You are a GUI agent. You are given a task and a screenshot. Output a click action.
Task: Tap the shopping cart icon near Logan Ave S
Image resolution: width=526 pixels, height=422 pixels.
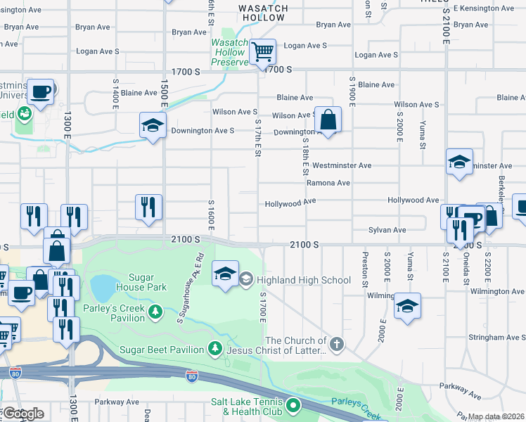262,51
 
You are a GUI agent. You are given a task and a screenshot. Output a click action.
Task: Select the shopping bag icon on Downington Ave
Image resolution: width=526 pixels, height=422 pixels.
328,120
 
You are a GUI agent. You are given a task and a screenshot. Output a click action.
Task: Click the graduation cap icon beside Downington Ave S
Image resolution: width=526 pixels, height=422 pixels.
152,125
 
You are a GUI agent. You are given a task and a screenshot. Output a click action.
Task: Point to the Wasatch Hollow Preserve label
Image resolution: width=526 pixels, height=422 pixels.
230,52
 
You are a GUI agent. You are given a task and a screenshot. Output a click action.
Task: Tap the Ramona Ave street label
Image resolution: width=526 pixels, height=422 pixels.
328,183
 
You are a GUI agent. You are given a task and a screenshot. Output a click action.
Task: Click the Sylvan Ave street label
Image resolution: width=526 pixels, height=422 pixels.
387,230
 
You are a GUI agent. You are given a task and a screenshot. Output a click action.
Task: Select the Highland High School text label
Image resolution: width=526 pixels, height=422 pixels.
304,280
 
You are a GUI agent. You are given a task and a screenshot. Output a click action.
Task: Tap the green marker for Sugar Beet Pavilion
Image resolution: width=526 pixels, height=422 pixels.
215,348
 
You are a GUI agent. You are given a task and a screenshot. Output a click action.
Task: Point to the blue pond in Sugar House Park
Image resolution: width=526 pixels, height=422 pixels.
103,288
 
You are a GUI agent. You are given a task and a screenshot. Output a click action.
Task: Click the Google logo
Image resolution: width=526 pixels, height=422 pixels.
23,414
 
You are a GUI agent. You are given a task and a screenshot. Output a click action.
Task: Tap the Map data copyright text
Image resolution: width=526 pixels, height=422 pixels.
496,416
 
